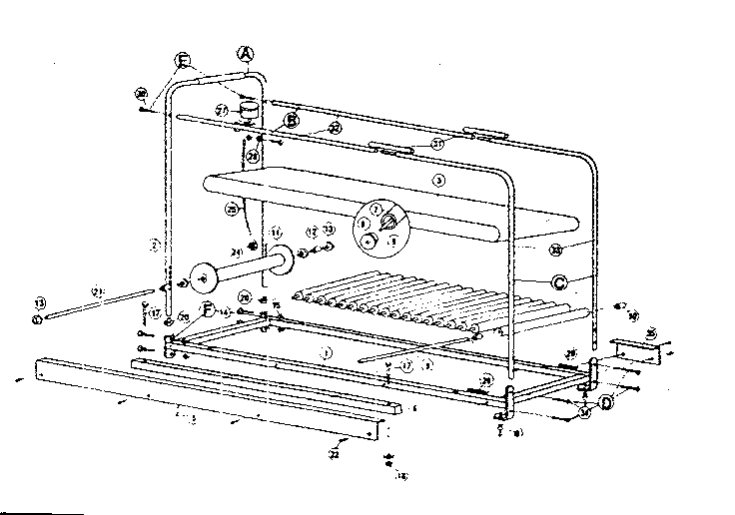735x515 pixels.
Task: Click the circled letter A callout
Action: point(246,53)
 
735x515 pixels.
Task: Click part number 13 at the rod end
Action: point(40,302)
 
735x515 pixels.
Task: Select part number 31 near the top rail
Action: point(436,143)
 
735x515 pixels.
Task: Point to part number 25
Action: point(233,211)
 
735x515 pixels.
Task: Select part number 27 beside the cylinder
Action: point(223,110)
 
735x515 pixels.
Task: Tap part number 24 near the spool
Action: point(237,251)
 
